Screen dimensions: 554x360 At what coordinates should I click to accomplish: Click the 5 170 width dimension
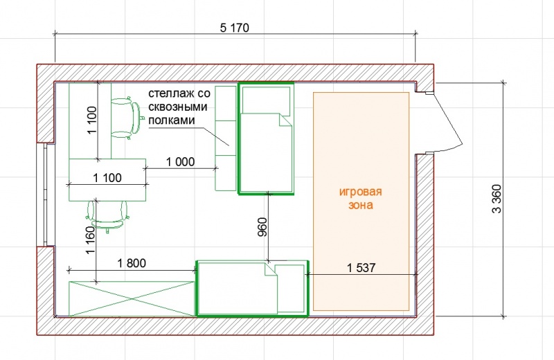(235, 28)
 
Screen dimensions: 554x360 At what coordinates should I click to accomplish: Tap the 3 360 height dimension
(497, 199)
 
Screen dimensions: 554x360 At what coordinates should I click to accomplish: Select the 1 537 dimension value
(361, 268)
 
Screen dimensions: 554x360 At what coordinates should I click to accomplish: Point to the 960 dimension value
(262, 227)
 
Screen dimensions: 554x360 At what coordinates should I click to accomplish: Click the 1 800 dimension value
(132, 263)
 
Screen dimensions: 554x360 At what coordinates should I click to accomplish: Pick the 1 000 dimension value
(180, 162)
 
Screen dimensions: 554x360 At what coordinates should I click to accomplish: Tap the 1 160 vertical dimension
(91, 240)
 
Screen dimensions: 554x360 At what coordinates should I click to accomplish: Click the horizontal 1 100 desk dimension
(107, 178)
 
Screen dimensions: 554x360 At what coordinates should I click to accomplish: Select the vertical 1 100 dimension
(92, 120)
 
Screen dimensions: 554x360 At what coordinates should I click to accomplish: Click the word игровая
(360, 192)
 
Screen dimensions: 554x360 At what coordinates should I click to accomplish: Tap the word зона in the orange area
(361, 205)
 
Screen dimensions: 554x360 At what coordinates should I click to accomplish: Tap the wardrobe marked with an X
(132, 298)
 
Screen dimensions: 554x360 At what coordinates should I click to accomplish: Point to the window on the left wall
(45, 195)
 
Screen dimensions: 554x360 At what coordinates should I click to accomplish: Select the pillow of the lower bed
(290, 289)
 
